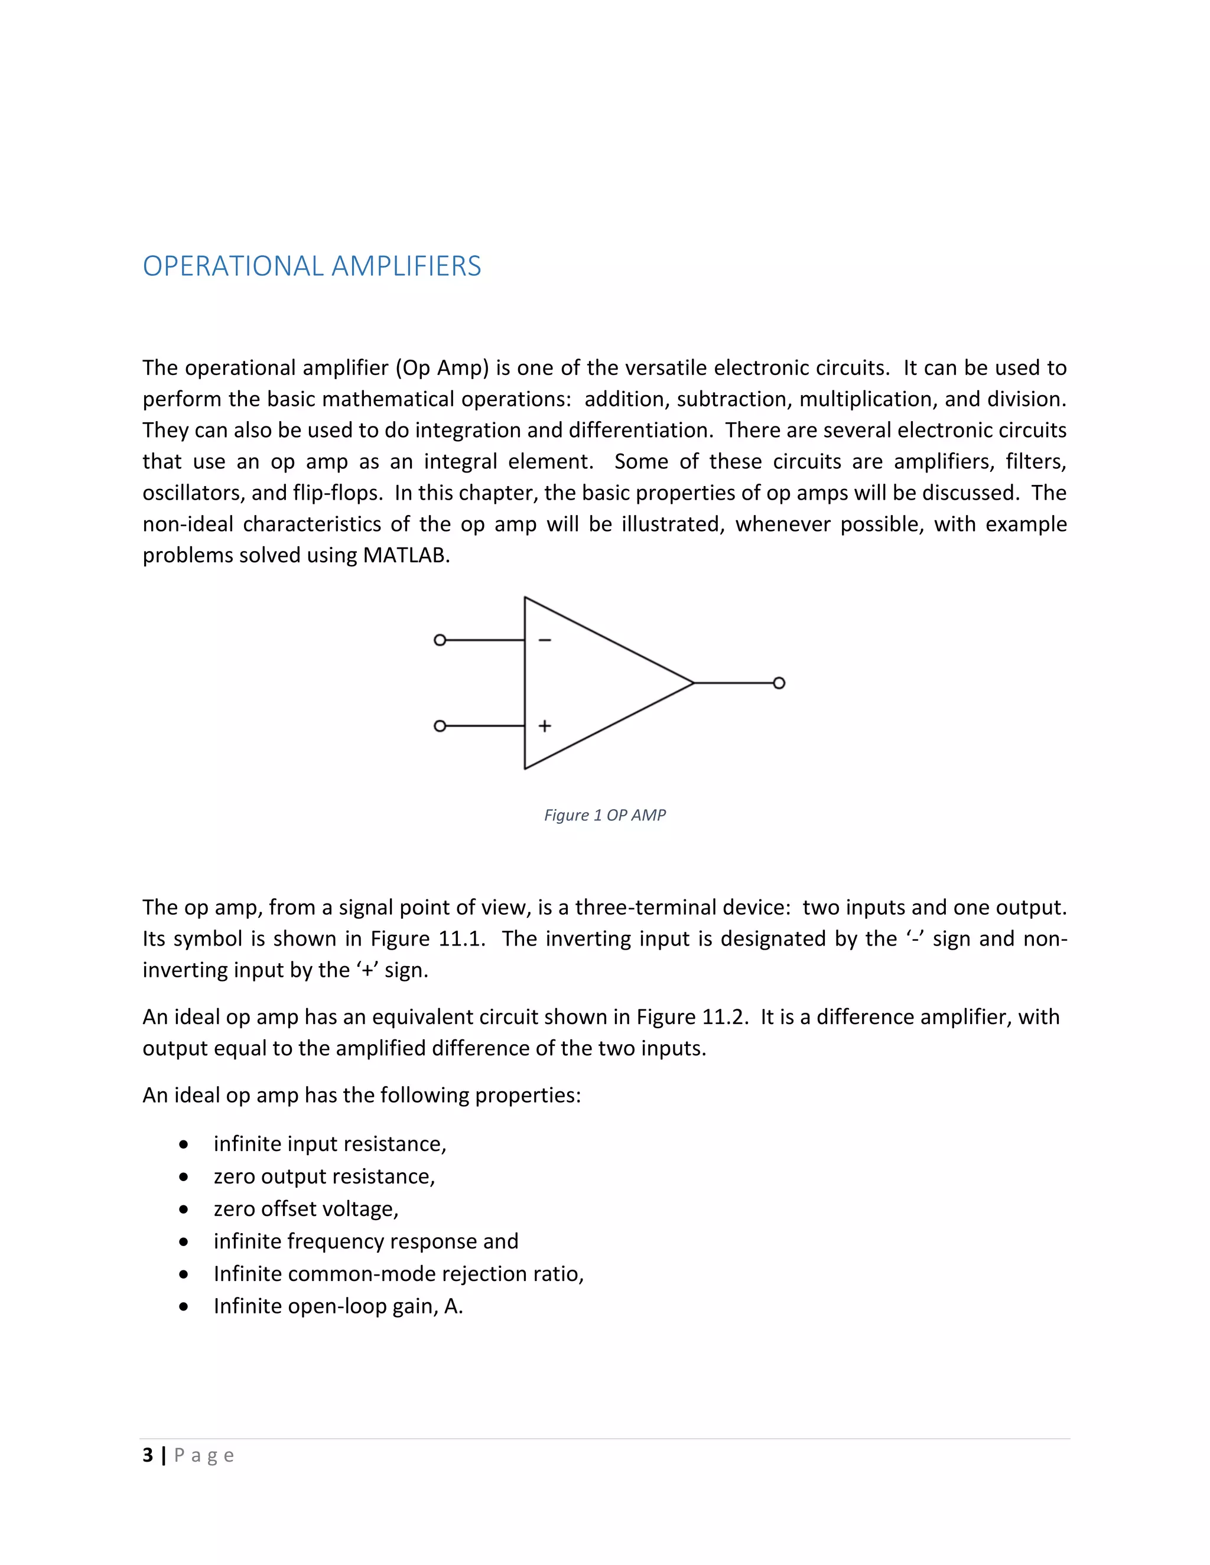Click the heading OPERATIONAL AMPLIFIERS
click(x=312, y=266)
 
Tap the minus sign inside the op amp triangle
click(x=545, y=640)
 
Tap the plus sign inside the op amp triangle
click(x=545, y=726)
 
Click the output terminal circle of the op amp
click(x=779, y=683)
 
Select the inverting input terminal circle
click(x=440, y=640)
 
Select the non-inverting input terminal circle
click(x=440, y=726)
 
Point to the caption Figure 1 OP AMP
click(x=604, y=815)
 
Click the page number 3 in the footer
click(x=148, y=1455)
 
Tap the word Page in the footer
click(x=204, y=1455)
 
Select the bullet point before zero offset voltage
click(x=184, y=1209)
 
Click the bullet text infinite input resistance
click(x=329, y=1144)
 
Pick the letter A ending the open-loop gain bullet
click(x=451, y=1306)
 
